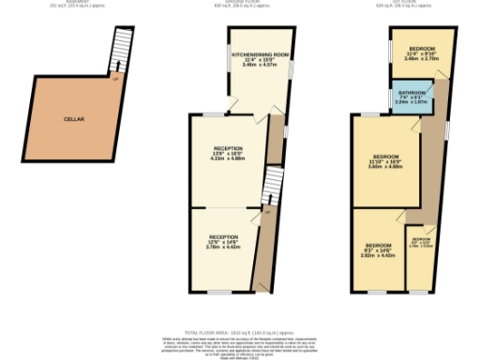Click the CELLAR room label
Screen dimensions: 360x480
pyautogui.click(x=74, y=120)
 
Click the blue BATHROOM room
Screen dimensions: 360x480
pyautogui.click(x=412, y=97)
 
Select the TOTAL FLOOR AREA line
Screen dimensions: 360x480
pyautogui.click(x=240, y=333)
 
